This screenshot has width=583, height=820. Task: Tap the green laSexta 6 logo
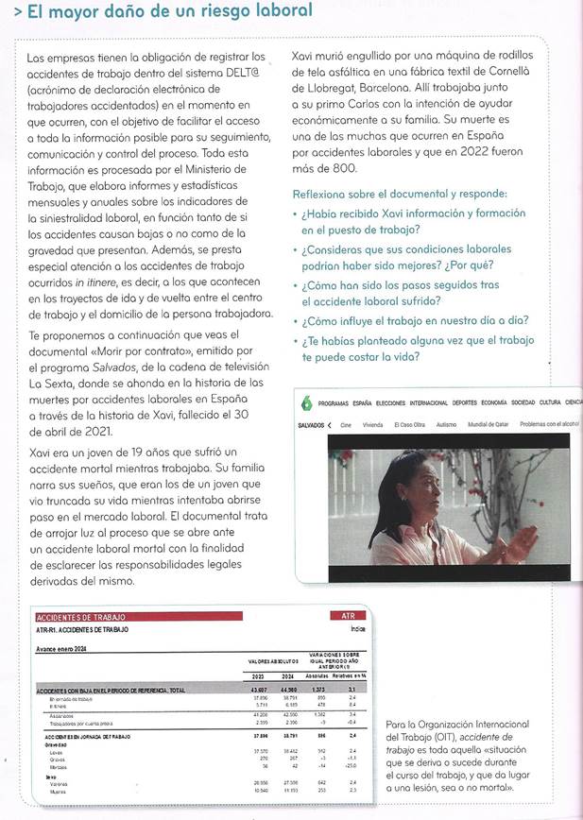point(306,403)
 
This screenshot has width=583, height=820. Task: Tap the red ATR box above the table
point(349,615)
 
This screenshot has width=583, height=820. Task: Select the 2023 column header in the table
point(258,676)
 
